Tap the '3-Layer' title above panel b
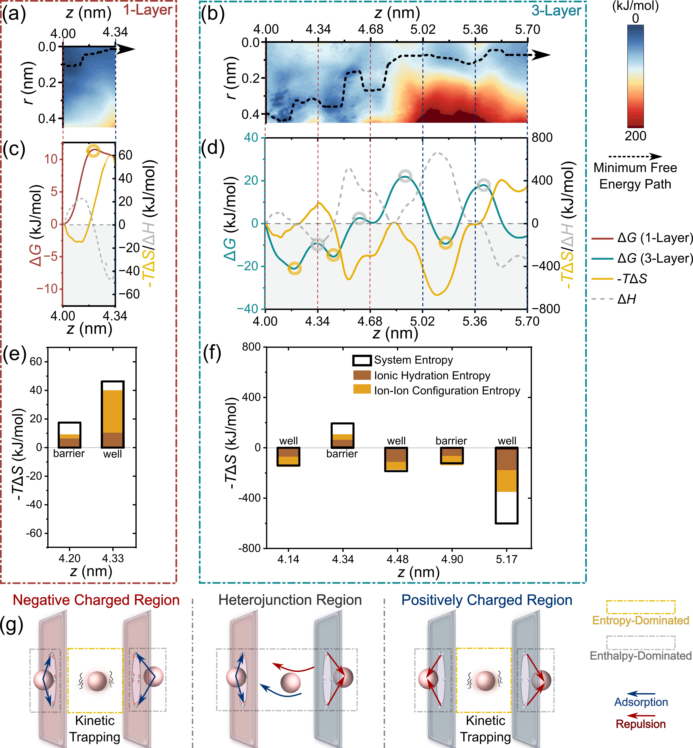click(x=556, y=11)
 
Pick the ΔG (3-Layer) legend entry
click(x=654, y=258)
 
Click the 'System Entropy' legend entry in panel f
click(x=413, y=360)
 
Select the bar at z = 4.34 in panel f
click(x=342, y=436)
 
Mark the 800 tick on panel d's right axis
click(x=542, y=138)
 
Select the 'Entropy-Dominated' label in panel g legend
click(x=640, y=620)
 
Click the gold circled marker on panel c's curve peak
click(x=93, y=151)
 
